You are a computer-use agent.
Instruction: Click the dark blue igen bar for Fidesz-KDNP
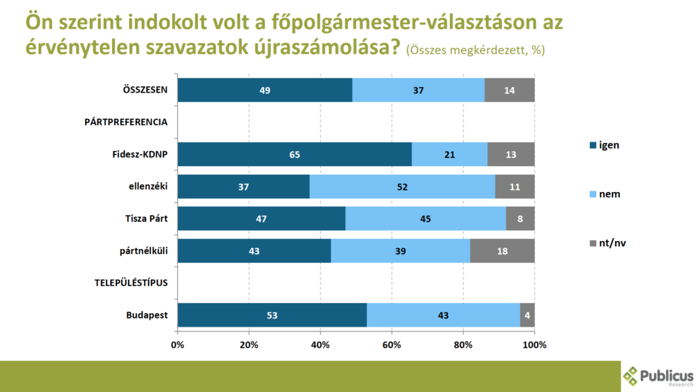294,154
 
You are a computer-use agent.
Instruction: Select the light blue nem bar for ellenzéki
402,186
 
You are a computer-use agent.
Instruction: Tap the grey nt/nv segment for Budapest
527,315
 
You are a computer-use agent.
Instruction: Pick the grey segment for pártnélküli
502,251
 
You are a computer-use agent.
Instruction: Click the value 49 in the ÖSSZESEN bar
265,91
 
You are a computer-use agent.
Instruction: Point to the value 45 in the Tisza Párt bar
425,219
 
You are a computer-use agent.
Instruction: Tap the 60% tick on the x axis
392,345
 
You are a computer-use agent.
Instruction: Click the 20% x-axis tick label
249,345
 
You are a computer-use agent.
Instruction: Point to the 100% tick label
535,345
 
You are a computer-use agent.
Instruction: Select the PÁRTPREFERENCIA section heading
126,122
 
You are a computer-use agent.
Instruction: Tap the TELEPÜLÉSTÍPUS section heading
130,283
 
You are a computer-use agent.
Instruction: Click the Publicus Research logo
658,376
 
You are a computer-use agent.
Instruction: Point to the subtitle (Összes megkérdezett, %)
475,50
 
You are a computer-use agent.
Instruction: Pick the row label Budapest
147,315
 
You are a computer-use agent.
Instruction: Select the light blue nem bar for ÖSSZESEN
419,91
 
